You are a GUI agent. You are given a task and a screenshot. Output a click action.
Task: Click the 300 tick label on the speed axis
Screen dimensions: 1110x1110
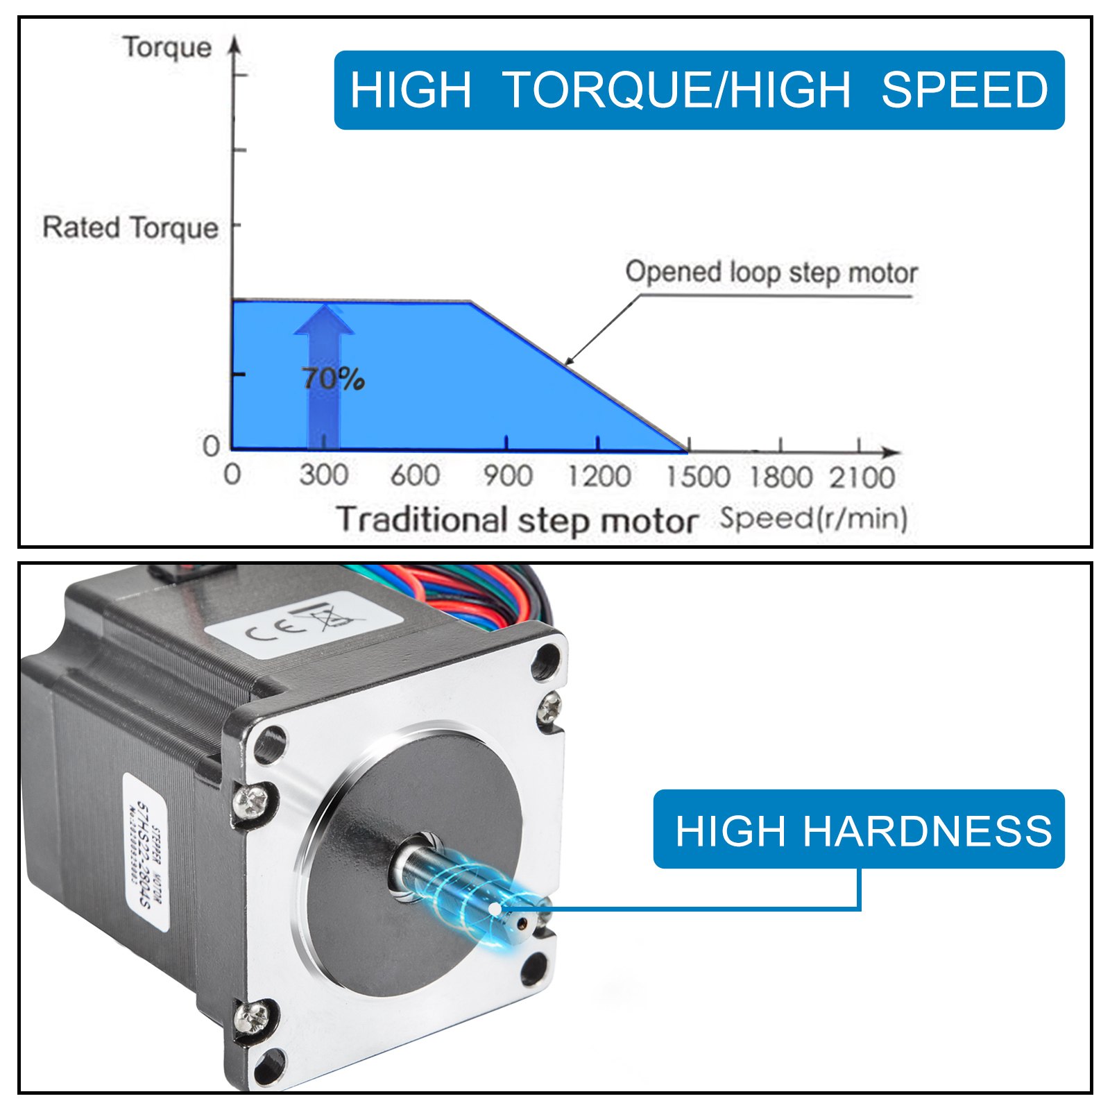pyautogui.click(x=323, y=475)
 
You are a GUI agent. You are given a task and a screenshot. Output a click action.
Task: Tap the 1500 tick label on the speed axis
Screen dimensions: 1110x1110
pyautogui.click(x=698, y=477)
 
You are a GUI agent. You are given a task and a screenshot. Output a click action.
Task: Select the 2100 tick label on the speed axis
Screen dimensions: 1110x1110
pyautogui.click(x=862, y=477)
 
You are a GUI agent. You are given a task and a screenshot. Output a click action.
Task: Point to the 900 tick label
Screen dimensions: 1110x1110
pyautogui.click(x=508, y=476)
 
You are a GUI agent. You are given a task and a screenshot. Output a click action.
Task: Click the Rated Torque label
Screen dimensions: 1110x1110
pyautogui.click(x=130, y=228)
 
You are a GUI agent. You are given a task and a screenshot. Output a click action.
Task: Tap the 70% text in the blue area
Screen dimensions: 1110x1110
pyautogui.click(x=333, y=379)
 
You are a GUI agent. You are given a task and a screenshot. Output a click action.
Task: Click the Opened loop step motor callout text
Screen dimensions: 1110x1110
pyautogui.click(x=771, y=272)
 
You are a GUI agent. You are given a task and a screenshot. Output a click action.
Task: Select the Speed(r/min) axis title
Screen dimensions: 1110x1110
pyautogui.click(x=814, y=518)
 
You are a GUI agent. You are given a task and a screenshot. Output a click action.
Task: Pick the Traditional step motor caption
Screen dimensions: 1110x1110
pyautogui.click(x=517, y=520)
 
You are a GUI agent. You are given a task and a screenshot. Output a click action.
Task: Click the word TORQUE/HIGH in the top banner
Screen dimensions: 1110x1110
pyautogui.click(x=676, y=90)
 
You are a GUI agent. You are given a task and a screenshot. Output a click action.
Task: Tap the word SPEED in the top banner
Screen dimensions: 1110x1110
pyautogui.click(x=964, y=90)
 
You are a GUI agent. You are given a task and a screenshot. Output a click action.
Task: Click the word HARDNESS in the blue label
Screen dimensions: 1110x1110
pyautogui.click(x=928, y=830)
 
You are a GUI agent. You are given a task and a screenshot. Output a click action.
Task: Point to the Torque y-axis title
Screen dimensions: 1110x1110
pyautogui.click(x=167, y=47)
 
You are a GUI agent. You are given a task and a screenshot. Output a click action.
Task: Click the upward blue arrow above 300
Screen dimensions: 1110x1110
pyautogui.click(x=324, y=375)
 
